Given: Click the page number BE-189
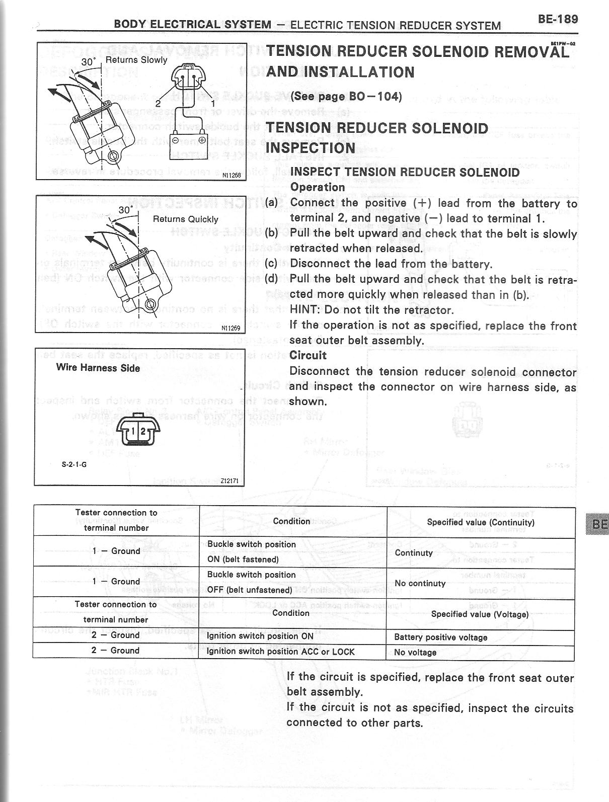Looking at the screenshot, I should click(x=558, y=19).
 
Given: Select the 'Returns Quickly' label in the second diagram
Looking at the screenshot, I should click(x=185, y=219).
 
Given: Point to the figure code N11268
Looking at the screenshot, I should click(x=232, y=176).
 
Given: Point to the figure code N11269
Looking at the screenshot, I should click(x=231, y=328).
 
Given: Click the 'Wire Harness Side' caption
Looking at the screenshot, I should click(x=98, y=368).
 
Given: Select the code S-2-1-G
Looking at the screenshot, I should click(x=74, y=464).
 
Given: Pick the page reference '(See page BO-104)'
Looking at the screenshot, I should click(x=346, y=97).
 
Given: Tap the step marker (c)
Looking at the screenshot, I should click(x=271, y=264).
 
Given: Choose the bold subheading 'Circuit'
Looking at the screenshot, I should click(x=308, y=355).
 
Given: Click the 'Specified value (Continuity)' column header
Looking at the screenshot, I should click(x=480, y=522).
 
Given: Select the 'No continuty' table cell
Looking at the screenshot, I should click(x=420, y=583).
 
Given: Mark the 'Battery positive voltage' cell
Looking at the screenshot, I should click(x=440, y=637).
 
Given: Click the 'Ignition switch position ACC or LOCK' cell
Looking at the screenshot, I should click(x=281, y=652).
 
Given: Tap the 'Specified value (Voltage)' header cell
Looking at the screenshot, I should click(x=480, y=614).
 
